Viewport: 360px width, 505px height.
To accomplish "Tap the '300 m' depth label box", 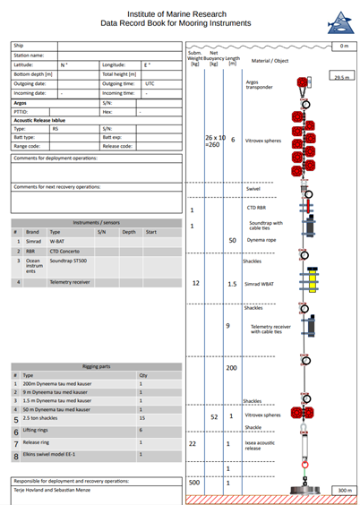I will (342, 491).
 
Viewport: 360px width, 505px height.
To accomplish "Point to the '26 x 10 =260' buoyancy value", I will (215, 142).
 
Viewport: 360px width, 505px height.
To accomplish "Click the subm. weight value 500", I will (193, 483).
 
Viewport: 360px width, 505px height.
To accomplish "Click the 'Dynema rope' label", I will (263, 240).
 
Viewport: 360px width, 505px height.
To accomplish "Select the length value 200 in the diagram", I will (232, 368).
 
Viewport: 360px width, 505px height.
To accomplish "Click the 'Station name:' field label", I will (31, 56).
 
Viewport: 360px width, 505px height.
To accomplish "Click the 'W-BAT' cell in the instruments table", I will (57, 241).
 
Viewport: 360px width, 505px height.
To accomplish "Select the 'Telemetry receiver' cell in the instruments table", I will (72, 282).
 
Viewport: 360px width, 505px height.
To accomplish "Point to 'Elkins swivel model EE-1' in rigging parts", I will (55, 456).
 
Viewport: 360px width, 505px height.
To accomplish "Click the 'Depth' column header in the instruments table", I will (129, 231).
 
